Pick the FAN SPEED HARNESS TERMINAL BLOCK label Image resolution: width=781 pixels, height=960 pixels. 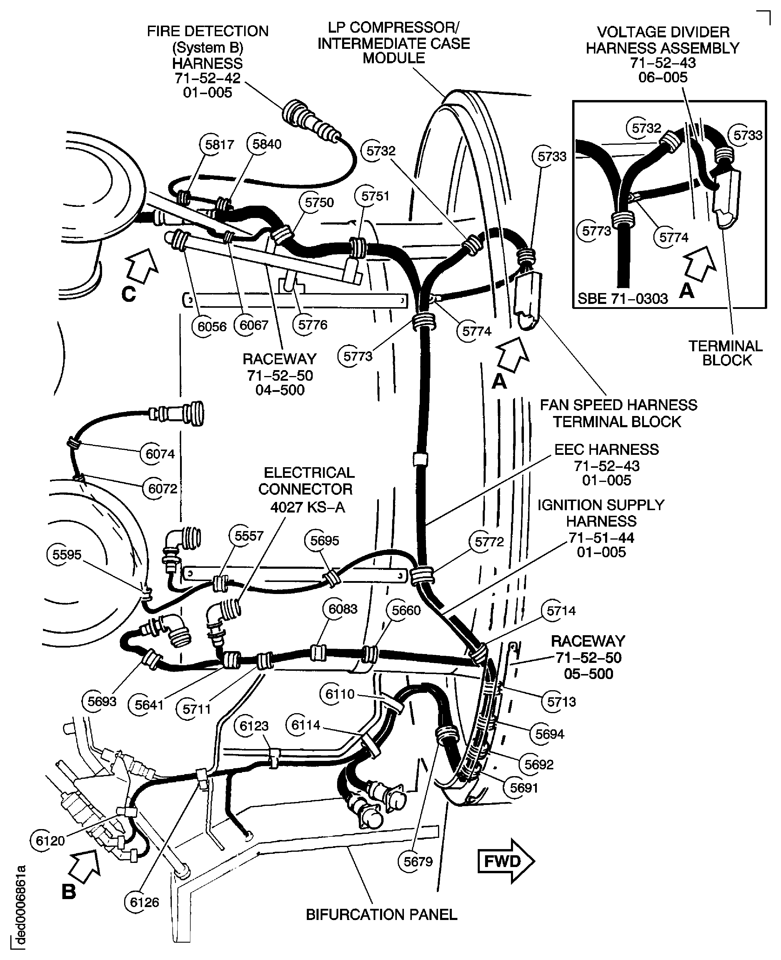click(x=618, y=413)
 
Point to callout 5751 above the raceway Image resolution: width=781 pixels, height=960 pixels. click(x=374, y=196)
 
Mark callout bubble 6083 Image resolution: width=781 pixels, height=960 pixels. click(x=342, y=609)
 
